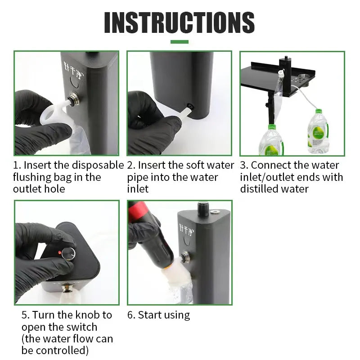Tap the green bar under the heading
click(x=179, y=42)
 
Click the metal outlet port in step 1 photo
click(x=74, y=99)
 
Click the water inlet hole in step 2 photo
click(x=190, y=106)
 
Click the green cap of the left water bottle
click(x=272, y=127)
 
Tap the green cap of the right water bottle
click(x=319, y=112)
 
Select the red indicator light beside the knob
click(x=59, y=252)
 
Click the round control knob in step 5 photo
click(x=69, y=254)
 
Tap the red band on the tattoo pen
click(x=135, y=209)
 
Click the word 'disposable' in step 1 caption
click(x=98, y=165)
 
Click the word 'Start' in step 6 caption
click(x=149, y=315)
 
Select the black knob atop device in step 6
click(x=203, y=209)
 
